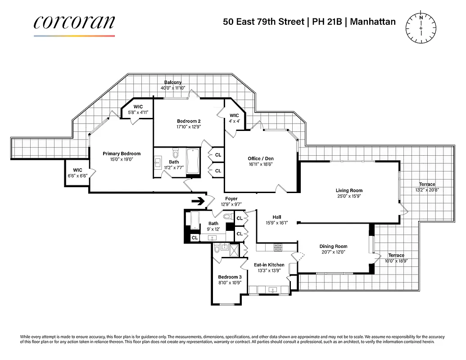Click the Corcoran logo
(x=74, y=23)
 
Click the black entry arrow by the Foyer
(x=198, y=201)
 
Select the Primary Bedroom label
(x=121, y=153)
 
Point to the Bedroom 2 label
(x=188, y=121)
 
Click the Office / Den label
(x=260, y=158)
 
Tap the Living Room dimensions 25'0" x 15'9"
(x=349, y=196)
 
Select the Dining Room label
(x=333, y=246)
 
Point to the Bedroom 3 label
(x=230, y=277)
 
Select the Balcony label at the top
(x=173, y=82)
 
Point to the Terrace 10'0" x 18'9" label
(x=396, y=255)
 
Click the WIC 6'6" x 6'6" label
(x=78, y=170)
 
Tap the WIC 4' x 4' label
(x=234, y=116)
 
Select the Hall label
(x=276, y=216)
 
